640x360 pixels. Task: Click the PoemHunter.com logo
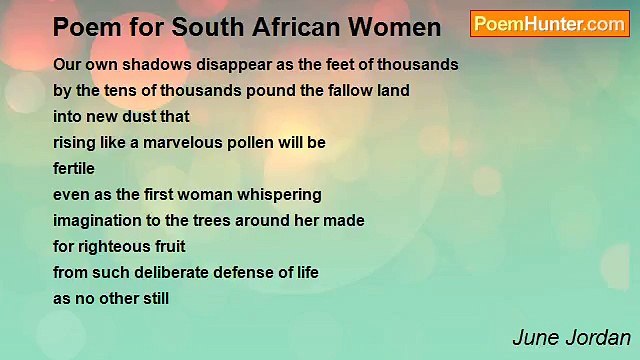tap(549, 24)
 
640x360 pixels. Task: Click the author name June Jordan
tap(571, 337)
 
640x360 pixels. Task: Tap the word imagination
tap(98, 220)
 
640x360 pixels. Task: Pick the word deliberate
tap(176, 272)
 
